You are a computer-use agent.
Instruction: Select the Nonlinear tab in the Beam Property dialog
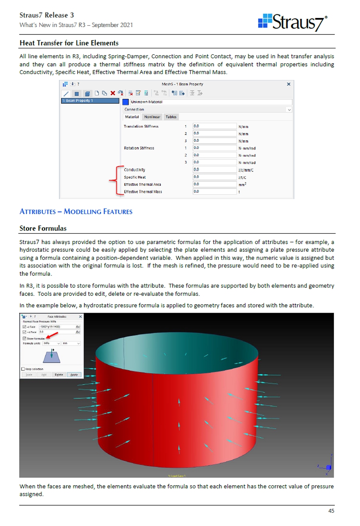152,117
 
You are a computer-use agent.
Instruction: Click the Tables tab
171,117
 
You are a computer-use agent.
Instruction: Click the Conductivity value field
214,170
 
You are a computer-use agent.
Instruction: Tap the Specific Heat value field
214,177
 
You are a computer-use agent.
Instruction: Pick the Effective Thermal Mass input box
214,192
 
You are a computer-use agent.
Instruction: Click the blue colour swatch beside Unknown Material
125,102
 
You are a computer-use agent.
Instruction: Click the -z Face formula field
56,327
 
